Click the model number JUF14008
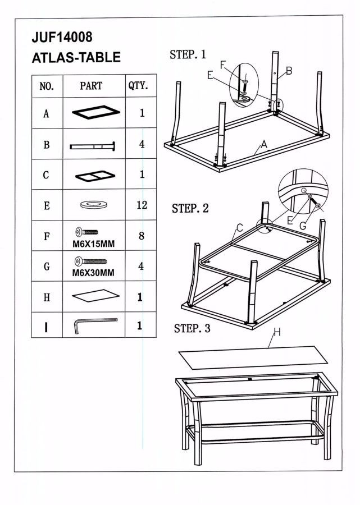pyautogui.click(x=62, y=37)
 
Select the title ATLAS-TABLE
pyautogui.click(x=76, y=57)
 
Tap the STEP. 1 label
pyautogui.click(x=188, y=54)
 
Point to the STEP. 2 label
pyautogui.click(x=190, y=208)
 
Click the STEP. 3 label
pyautogui.click(x=192, y=328)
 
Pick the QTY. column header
pyautogui.click(x=138, y=86)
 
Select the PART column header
pyautogui.click(x=91, y=86)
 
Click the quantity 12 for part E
pyautogui.click(x=142, y=205)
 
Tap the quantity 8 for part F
pyautogui.click(x=142, y=236)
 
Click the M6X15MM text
pyautogui.click(x=94, y=244)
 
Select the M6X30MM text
pyautogui.click(x=94, y=274)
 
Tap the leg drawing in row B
pyautogui.click(x=93, y=146)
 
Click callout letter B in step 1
pyautogui.click(x=289, y=71)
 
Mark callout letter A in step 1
pyautogui.click(x=263, y=144)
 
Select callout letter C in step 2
pyautogui.click(x=239, y=227)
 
